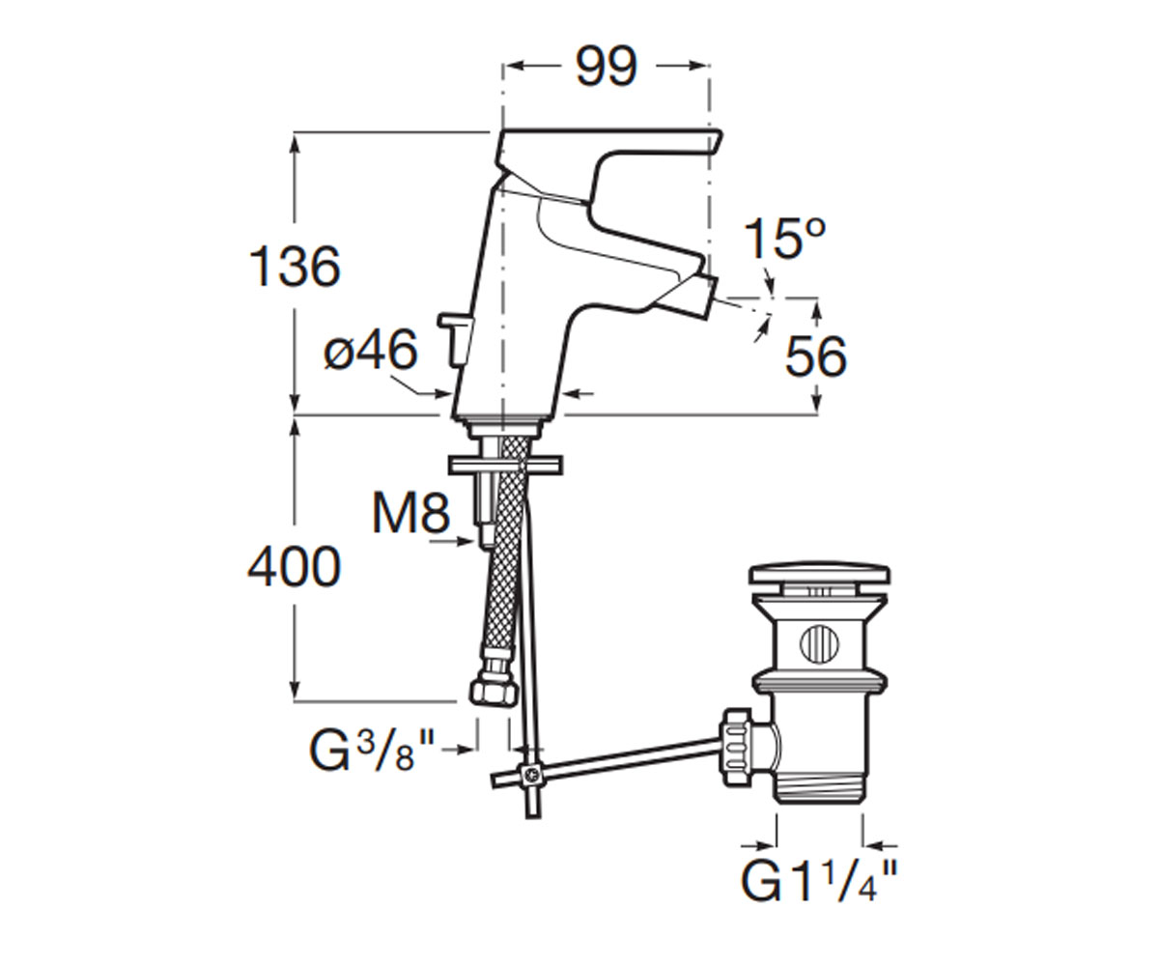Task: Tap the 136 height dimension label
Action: pos(295,267)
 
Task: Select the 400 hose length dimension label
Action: pos(294,567)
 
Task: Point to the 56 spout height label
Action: pos(815,356)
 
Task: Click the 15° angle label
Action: pos(783,239)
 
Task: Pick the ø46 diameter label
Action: pos(370,350)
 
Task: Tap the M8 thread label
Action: pos(410,515)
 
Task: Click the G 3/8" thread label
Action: pos(370,751)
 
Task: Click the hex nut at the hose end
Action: pos(494,694)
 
